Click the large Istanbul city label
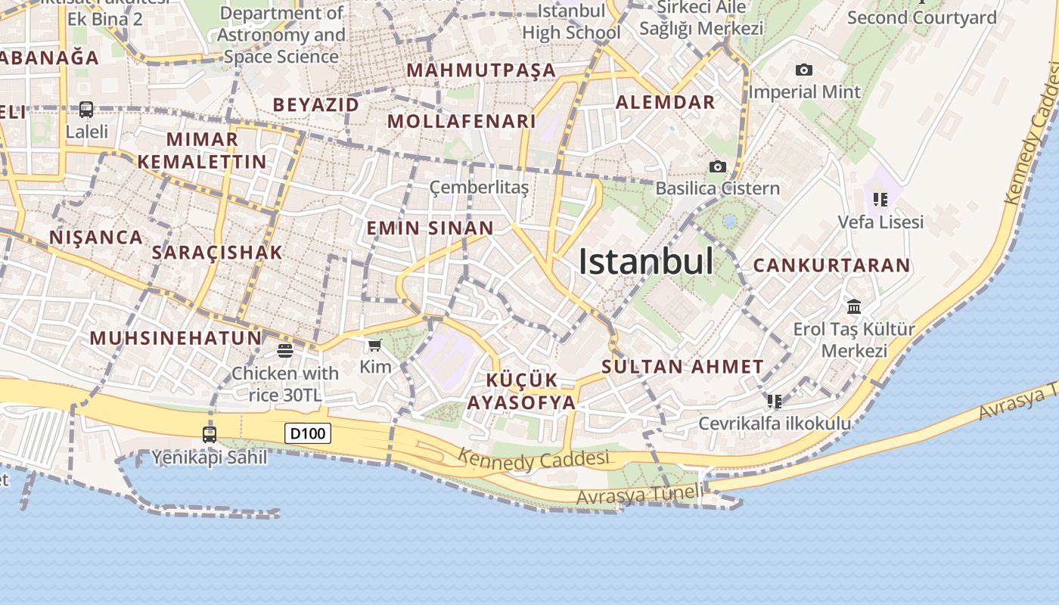coord(646,262)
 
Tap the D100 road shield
coord(308,433)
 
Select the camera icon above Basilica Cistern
coord(717,166)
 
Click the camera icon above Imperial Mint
coord(804,70)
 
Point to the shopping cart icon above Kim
coord(374,346)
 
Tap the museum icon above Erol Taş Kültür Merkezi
coord(854,306)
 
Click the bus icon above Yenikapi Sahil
coord(210,435)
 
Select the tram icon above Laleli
coord(86,110)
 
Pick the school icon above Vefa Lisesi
coord(880,200)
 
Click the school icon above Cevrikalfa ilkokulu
coord(774,401)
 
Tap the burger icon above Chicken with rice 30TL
coord(285,350)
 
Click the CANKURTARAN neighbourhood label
coord(831,265)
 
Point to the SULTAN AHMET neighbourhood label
coord(682,367)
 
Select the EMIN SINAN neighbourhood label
coord(430,228)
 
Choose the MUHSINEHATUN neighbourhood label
coord(175,338)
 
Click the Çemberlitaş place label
coord(479,187)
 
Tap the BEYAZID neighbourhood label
coord(316,104)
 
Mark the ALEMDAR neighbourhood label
coord(666,102)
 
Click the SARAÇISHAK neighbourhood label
coord(217,253)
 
